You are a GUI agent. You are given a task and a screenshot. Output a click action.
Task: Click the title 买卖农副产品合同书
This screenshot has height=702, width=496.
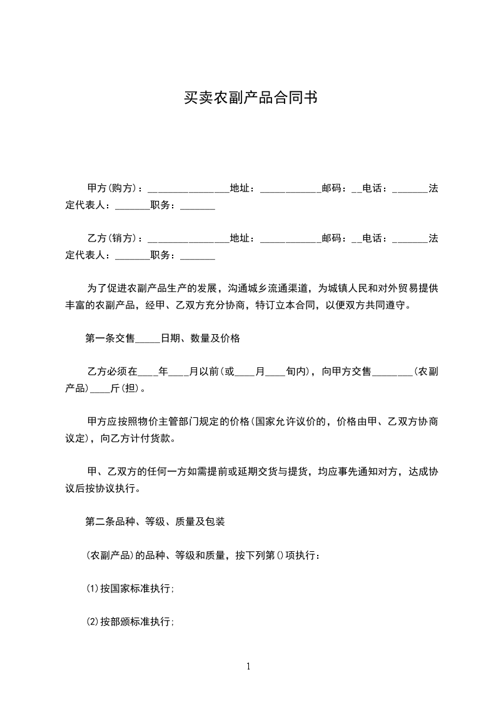coord(248,98)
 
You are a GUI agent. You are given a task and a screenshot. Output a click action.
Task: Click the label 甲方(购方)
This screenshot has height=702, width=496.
coord(112,188)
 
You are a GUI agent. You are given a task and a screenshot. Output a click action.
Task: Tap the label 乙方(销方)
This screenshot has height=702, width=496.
coord(112,238)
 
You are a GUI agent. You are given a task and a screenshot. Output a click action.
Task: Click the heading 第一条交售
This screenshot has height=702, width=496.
coord(110,338)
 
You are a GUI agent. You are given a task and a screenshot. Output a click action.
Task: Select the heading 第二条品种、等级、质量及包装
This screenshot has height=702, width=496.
coord(155,521)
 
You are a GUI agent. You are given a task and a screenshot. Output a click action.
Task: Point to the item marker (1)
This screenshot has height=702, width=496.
coord(92,589)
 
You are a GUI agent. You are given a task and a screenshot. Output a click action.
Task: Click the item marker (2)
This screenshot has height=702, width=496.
coord(92,622)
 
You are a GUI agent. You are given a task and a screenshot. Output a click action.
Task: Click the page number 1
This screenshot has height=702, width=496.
coord(248,667)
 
